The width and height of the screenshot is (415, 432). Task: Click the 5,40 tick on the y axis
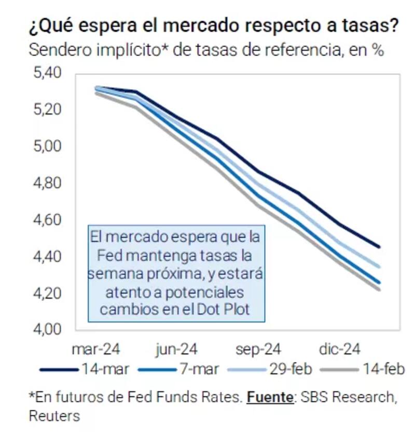(x=47, y=74)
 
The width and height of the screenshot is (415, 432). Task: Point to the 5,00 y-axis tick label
(x=47, y=147)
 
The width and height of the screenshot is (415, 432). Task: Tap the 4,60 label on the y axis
(x=47, y=220)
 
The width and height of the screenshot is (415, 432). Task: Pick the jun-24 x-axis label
(x=176, y=350)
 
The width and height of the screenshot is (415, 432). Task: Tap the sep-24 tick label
(x=258, y=350)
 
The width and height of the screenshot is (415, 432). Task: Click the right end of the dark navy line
(x=380, y=247)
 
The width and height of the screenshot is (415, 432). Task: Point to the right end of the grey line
(x=380, y=289)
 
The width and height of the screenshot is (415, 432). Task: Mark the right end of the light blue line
(x=380, y=267)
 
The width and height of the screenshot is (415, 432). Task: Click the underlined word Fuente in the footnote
(x=269, y=398)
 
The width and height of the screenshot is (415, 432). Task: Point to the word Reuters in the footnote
(x=54, y=415)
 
